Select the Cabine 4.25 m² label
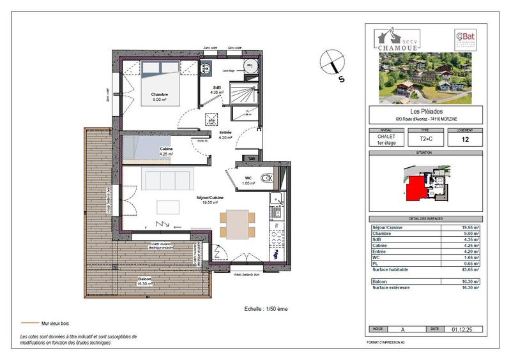coord(167,151)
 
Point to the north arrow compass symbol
coord(333,64)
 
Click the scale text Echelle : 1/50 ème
coord(266,308)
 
